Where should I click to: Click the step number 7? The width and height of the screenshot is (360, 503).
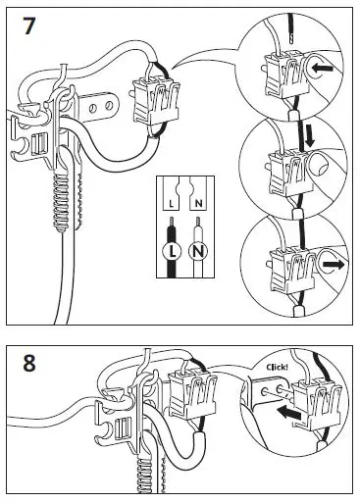[28, 25]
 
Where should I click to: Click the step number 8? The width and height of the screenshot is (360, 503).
[29, 363]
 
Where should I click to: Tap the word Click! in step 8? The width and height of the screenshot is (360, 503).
[278, 367]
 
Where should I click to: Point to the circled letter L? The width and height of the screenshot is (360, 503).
[172, 251]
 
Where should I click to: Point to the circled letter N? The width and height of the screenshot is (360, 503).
[198, 251]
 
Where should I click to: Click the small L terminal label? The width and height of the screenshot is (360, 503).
[171, 204]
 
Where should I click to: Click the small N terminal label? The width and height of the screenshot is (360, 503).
[198, 204]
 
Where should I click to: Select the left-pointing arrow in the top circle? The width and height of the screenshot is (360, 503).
[323, 69]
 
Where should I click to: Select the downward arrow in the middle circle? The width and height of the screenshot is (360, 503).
[309, 136]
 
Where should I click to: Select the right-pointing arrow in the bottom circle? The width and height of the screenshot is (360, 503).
[334, 265]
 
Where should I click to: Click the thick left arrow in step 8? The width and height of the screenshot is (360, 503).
[288, 414]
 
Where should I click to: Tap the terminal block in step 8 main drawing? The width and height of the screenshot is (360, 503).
[193, 395]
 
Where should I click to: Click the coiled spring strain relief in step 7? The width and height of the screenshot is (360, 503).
[61, 203]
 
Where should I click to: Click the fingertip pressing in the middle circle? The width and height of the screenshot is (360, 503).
[319, 165]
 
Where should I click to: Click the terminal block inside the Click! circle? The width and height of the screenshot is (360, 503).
[317, 405]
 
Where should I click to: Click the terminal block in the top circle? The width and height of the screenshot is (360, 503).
[286, 75]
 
